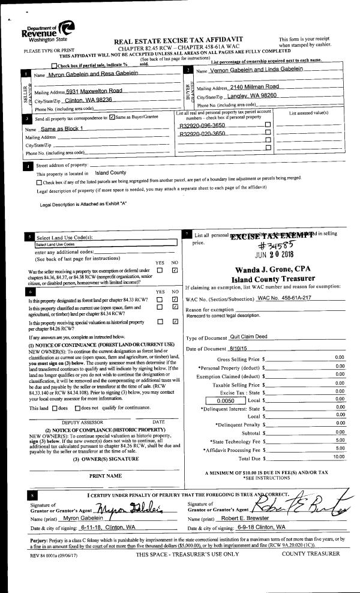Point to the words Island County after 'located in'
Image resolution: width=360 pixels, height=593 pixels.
coord(110,172)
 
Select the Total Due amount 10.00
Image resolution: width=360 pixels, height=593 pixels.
coord(338,440)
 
